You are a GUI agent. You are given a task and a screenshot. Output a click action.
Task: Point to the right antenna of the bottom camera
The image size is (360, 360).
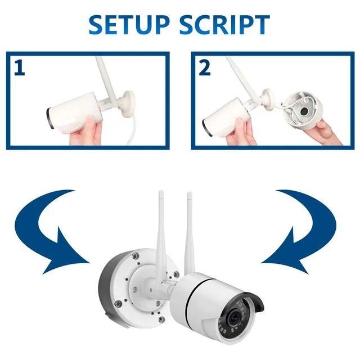click(x=190, y=231)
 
